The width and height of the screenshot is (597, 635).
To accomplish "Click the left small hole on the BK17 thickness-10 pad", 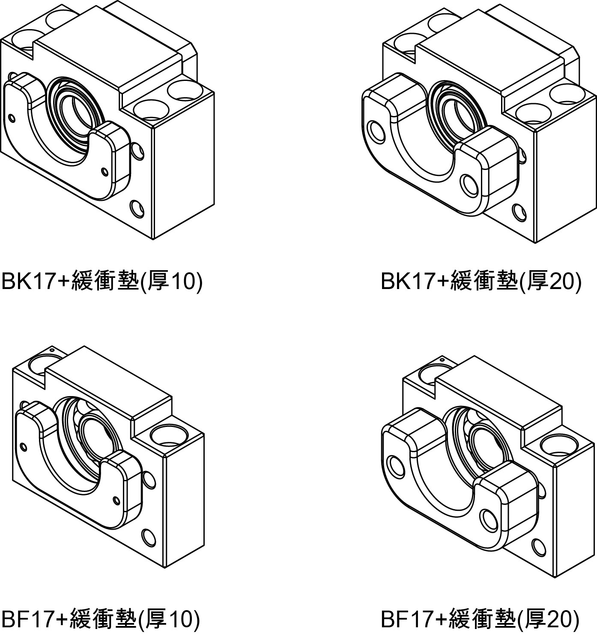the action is [12, 118].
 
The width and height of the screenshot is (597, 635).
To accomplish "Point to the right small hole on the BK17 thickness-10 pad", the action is [104, 172].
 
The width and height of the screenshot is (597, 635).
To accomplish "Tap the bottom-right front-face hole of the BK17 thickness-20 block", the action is [519, 212].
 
